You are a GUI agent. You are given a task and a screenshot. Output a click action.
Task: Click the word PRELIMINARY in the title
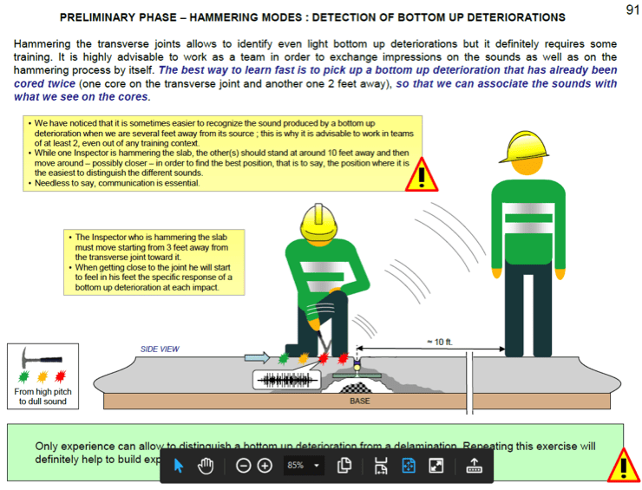[x=99, y=17]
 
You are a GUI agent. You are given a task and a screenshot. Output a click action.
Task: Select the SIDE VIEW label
[x=160, y=349]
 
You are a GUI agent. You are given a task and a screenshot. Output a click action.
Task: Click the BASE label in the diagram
[x=360, y=402]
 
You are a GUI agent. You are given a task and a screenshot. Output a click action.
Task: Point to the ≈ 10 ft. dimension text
[x=440, y=342]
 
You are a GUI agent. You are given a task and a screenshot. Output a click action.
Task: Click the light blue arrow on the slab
[x=257, y=356]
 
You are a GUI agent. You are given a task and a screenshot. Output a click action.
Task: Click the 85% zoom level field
[x=296, y=466]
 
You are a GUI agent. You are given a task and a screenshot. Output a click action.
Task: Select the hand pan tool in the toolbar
[x=206, y=466]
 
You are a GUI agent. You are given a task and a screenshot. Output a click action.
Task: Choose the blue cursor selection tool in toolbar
[x=179, y=466]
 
